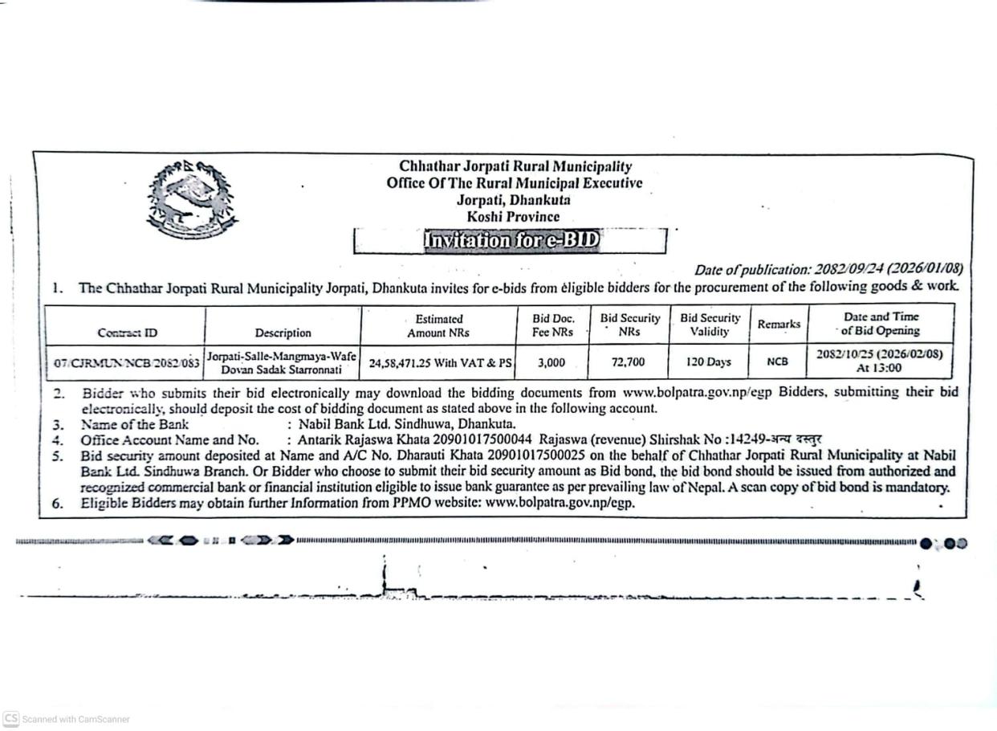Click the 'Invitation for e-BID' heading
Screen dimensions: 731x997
point(511,240)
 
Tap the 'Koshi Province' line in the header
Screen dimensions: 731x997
point(513,217)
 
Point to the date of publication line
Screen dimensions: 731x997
point(828,269)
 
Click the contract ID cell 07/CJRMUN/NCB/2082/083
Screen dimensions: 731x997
point(127,363)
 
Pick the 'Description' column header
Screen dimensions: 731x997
point(283,333)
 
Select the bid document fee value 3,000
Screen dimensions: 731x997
point(551,362)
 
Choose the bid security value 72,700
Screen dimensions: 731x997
point(628,362)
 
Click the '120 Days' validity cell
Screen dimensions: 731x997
point(709,362)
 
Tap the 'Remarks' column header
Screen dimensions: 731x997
point(779,325)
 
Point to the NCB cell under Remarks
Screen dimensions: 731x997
point(777,362)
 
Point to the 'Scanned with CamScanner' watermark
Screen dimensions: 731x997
point(67,719)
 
